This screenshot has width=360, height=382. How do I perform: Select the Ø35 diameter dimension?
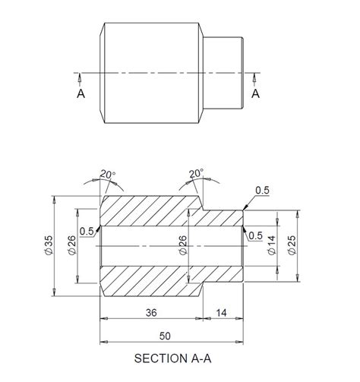48,245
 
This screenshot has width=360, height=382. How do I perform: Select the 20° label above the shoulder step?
197,174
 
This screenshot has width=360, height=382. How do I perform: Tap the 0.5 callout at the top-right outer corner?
263,189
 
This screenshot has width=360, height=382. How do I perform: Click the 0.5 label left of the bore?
86,231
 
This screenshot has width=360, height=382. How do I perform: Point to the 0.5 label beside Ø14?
256,235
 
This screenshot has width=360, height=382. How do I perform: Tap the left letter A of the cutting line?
81,93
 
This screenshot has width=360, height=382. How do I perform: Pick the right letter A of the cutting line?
255,93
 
